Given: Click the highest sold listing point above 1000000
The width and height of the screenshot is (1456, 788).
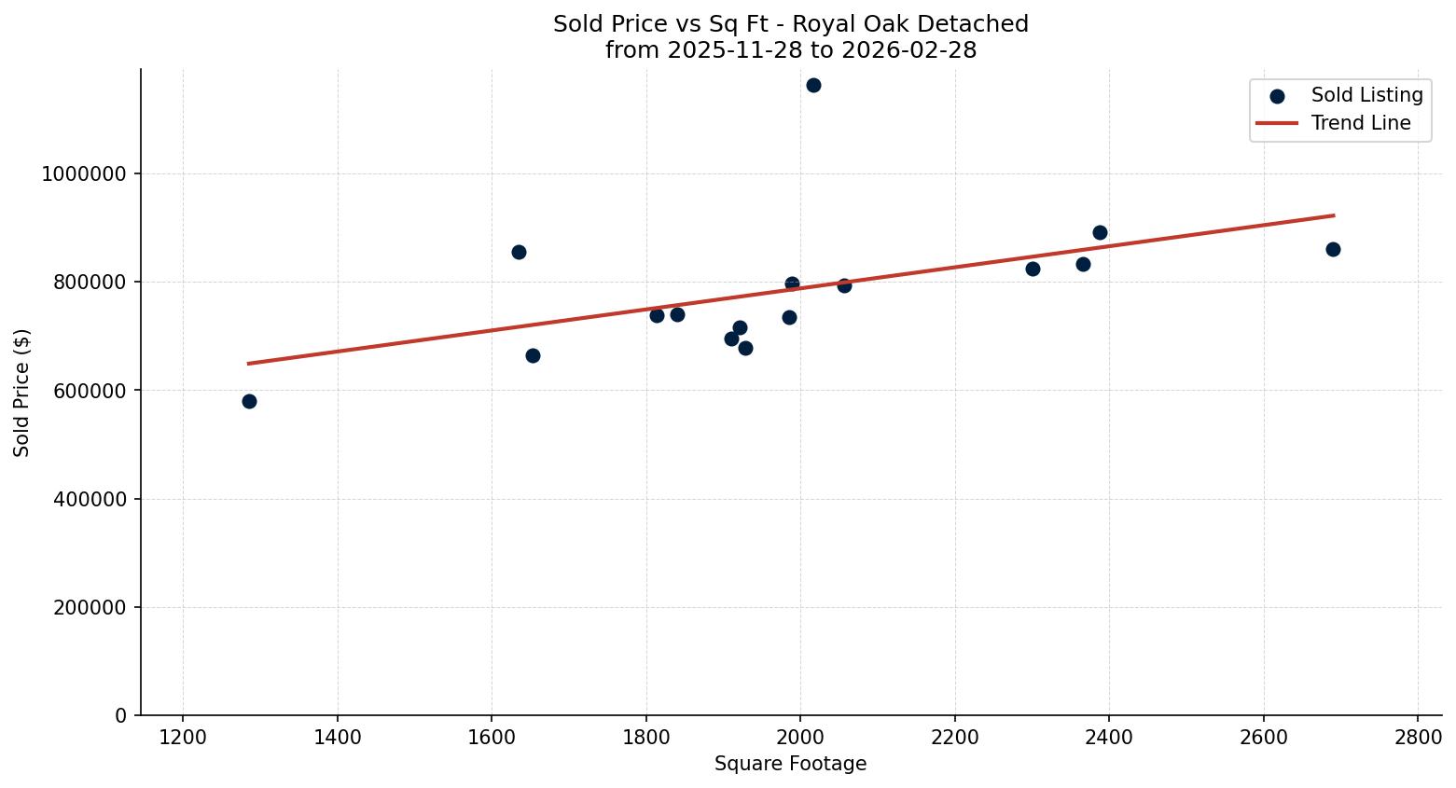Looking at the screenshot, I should pyautogui.click(x=813, y=86).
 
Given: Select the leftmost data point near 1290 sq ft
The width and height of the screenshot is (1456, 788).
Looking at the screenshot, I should pyautogui.click(x=249, y=402).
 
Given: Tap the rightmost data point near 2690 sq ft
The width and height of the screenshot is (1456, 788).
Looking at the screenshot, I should pyautogui.click(x=1333, y=250).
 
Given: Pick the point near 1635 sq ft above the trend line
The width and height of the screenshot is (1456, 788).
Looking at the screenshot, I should pyautogui.click(x=519, y=253).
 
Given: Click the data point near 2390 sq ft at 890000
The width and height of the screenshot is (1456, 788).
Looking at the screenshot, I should pyautogui.click(x=1100, y=233).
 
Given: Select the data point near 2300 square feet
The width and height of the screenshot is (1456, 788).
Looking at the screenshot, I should pyautogui.click(x=1033, y=270).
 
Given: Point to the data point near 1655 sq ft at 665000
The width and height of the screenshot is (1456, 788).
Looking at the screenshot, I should pyautogui.click(x=533, y=356).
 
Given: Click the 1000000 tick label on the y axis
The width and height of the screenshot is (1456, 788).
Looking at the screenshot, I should pyautogui.click(x=84, y=174).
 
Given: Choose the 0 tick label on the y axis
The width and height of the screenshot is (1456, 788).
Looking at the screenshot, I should pyautogui.click(x=121, y=716).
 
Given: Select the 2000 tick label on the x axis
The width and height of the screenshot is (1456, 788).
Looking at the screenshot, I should pyautogui.click(x=800, y=738).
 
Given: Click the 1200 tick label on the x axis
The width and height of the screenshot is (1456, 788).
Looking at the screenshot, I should pyautogui.click(x=183, y=738).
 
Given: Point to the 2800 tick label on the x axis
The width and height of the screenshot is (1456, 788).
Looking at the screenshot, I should pyautogui.click(x=1418, y=738).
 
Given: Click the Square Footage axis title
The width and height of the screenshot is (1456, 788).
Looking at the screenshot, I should pyautogui.click(x=790, y=765).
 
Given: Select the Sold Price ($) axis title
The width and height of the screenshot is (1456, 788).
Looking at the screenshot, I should pyautogui.click(x=22, y=393).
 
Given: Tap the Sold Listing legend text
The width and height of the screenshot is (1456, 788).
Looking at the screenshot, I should pyautogui.click(x=1366, y=95).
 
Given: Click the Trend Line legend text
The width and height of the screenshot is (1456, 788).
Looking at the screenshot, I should pyautogui.click(x=1361, y=123).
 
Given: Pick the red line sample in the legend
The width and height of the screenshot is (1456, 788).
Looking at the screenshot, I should pyautogui.click(x=1277, y=123).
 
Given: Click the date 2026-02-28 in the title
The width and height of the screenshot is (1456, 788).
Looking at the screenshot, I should pyautogui.click(x=908, y=50).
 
